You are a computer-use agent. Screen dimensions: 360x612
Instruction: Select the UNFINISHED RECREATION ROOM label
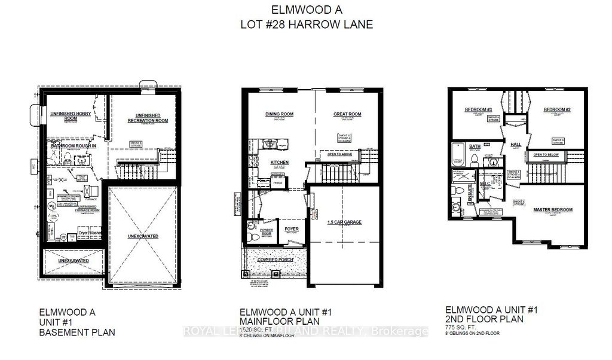point(143,118)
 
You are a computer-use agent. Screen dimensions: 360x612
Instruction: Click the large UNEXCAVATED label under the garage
point(142,236)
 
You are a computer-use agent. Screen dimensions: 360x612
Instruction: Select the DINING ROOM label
point(277,114)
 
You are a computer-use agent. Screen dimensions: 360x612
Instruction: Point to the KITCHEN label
point(279,162)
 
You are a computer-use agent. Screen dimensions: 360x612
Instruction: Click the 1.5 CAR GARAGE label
point(344,222)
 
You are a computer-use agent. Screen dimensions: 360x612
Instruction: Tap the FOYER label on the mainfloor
point(291,228)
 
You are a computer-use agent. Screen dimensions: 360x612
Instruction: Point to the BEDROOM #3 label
point(478,109)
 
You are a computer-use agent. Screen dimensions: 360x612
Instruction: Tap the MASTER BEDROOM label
point(553,210)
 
